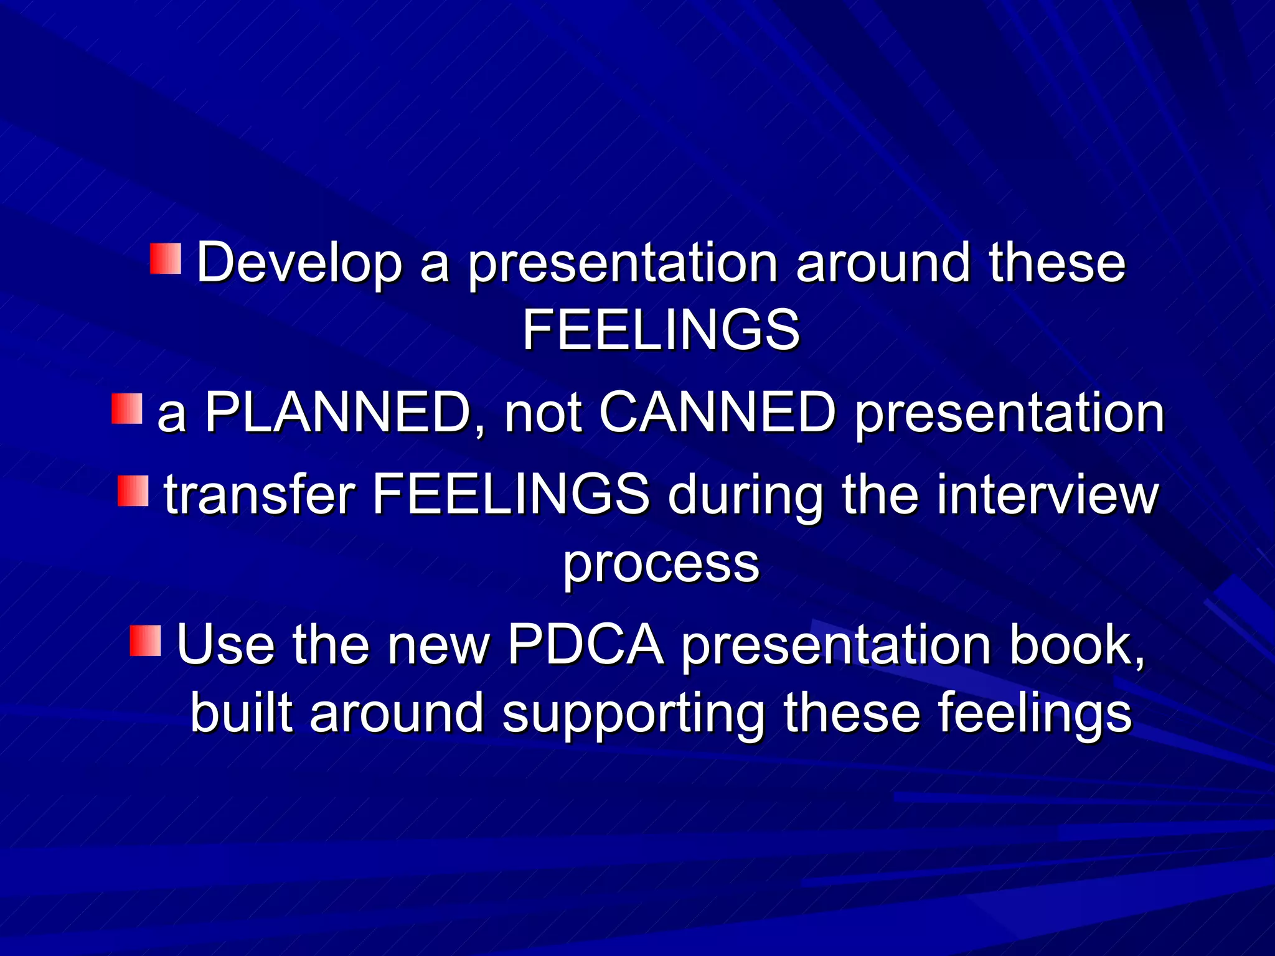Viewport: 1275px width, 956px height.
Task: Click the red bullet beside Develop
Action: tap(166, 258)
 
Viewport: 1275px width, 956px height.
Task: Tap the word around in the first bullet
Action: tap(883, 263)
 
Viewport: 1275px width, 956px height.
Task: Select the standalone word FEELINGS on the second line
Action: tap(661, 330)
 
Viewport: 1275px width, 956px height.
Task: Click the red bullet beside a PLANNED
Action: tap(127, 409)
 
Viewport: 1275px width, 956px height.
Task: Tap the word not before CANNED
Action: tap(543, 413)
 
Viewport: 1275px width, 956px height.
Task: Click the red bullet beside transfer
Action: tap(133, 491)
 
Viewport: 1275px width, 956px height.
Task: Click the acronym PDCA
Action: tap(585, 645)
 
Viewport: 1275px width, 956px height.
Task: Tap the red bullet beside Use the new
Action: tap(146, 641)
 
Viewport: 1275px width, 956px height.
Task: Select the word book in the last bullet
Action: tap(1076, 645)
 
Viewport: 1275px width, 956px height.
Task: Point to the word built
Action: tap(242, 713)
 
